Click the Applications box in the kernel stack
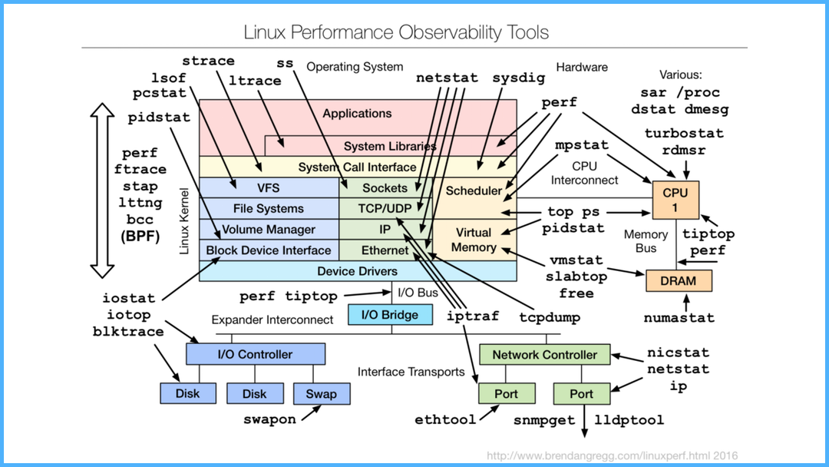coord(357,114)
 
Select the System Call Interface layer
coord(357,167)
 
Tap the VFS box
coord(269,187)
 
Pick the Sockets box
coord(385,187)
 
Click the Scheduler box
coord(474,190)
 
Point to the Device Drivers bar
coord(357,271)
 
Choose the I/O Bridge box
coord(390,315)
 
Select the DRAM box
coord(678,280)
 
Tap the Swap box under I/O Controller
coord(321,394)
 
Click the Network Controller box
coord(544,355)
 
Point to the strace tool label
coord(208,61)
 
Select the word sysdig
coord(517,78)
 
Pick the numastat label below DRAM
coord(679,317)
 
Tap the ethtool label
coord(445,420)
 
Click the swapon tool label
coord(269,419)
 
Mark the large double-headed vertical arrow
coord(101,190)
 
